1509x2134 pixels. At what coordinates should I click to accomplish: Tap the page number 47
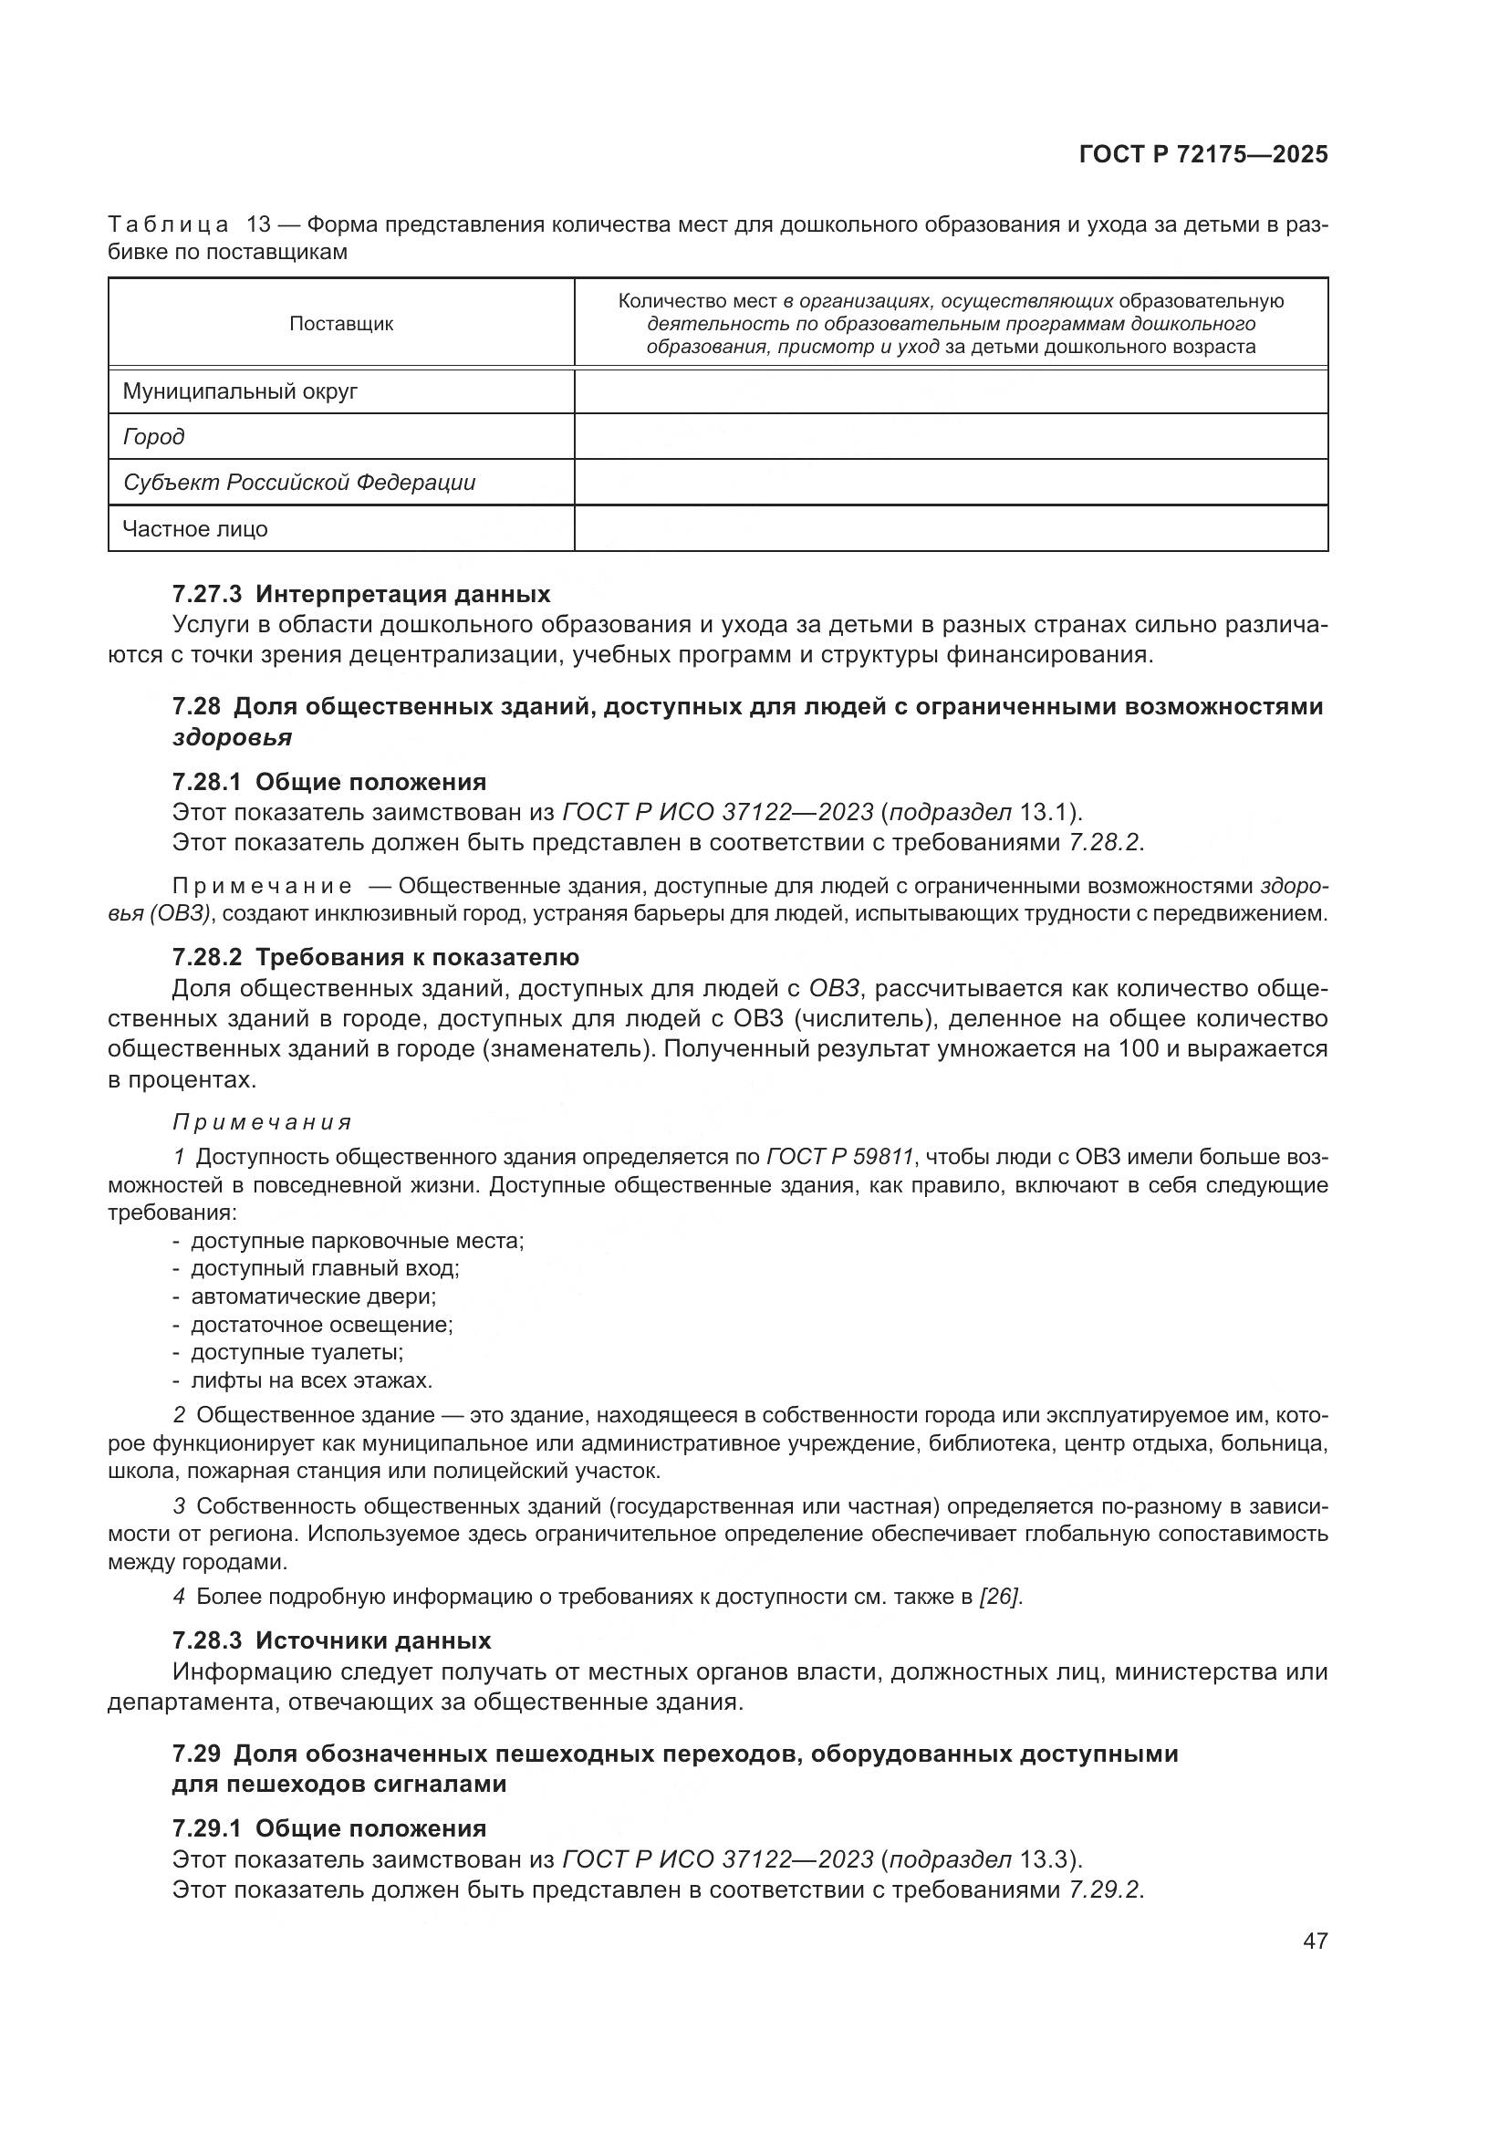coord(1315,1941)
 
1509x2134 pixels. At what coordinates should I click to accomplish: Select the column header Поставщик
coord(341,324)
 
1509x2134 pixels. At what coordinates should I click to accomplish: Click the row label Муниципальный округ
coord(240,391)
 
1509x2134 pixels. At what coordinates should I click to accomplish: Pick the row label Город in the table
coord(153,437)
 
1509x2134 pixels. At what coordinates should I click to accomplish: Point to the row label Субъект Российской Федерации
coord(299,483)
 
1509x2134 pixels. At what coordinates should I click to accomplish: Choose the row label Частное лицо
coord(195,529)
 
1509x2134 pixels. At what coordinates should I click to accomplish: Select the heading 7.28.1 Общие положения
coord(329,782)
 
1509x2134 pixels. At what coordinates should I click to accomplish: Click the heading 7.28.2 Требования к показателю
coord(375,957)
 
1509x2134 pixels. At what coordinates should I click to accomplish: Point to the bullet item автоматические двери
coord(313,1296)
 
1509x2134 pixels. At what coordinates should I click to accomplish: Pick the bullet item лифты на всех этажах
coord(311,1380)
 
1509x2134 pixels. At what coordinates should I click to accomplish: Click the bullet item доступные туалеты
coord(297,1352)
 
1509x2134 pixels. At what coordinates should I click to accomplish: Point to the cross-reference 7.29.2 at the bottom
coord(1106,1889)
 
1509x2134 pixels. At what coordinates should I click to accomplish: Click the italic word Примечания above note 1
coord(262,1123)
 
